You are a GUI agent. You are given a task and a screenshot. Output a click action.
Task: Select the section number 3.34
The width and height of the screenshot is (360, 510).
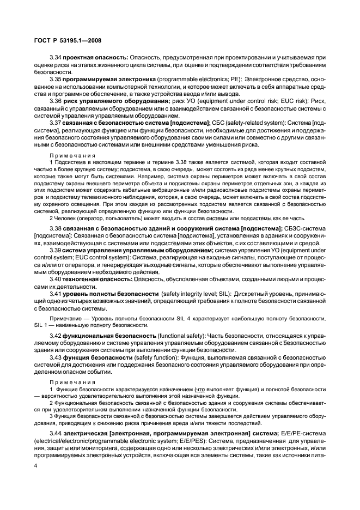point(55,57)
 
